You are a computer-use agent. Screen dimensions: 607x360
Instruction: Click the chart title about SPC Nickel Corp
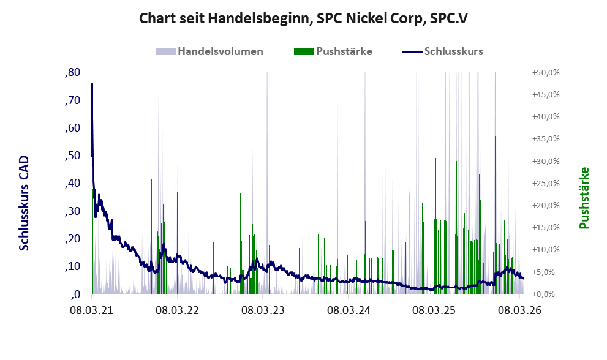[x=303, y=18]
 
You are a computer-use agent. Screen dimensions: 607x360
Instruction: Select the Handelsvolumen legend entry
[x=209, y=51]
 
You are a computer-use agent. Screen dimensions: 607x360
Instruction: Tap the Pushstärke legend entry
[x=333, y=51]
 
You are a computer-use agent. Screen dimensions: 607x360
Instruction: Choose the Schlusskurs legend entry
[x=442, y=51]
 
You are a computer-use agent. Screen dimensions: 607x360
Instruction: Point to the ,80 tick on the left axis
[x=73, y=72]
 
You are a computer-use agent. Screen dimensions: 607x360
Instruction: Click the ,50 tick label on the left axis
[x=73, y=156]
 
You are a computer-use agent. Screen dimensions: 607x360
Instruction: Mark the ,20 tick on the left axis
[x=73, y=239]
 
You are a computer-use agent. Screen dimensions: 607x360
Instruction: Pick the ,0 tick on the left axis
[x=75, y=294]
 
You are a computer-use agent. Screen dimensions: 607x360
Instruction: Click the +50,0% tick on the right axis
[x=546, y=73]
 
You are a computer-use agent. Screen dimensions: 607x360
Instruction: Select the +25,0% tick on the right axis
[x=546, y=184]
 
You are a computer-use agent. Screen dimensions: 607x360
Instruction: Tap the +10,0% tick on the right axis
[x=546, y=250]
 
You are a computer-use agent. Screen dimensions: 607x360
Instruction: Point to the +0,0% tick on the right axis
[x=546, y=294]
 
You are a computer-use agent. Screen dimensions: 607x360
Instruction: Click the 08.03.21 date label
[x=92, y=310]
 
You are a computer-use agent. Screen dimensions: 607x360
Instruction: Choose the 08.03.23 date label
[x=263, y=310]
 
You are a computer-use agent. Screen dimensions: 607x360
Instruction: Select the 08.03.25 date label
[x=434, y=310]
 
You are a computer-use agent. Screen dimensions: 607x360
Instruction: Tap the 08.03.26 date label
[x=519, y=310]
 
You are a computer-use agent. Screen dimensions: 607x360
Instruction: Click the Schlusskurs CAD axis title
[x=24, y=203]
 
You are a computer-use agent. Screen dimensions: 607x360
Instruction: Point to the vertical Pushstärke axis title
[x=584, y=198]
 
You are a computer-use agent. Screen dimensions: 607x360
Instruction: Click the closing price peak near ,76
[x=92, y=84]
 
